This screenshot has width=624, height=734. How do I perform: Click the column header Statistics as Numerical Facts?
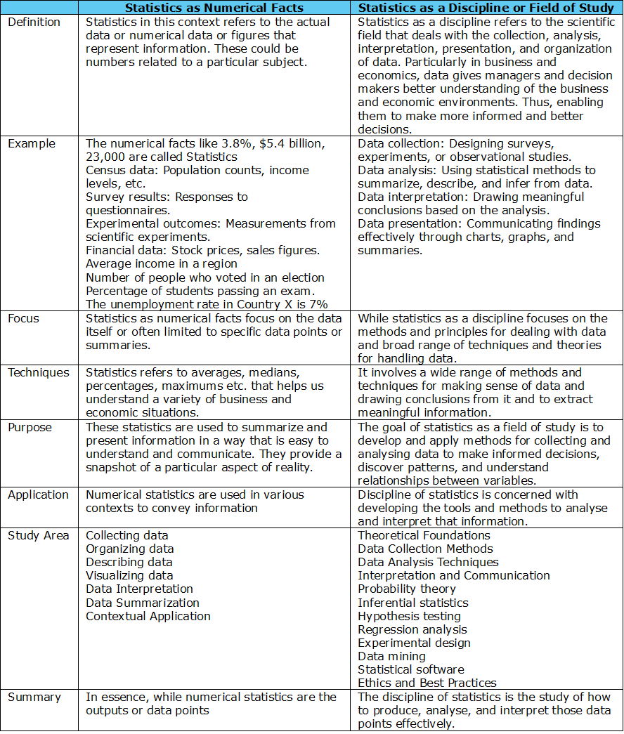pos(214,8)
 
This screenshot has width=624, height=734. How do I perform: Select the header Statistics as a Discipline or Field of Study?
pos(486,8)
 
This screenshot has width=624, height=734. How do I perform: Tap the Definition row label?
pos(34,22)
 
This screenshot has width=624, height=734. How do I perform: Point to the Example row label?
pos(32,144)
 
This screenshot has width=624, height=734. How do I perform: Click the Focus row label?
pos(24,319)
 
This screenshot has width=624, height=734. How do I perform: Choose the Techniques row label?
pos(39,373)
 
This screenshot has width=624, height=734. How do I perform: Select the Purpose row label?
pos(30,427)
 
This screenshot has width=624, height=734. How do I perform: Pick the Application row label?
pos(39,495)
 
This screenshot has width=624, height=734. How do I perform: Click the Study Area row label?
pos(39,536)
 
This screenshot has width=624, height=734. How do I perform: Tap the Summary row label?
pos(34,697)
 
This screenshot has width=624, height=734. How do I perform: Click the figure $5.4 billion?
pos(289,144)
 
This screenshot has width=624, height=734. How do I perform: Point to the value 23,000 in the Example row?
pos(106,157)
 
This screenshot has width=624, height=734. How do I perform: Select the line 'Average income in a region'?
pos(162,265)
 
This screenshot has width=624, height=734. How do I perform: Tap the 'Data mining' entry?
pos(391,657)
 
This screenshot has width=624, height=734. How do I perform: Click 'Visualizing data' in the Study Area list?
pos(129,576)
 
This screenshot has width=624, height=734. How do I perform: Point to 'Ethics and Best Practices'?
pos(427,683)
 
